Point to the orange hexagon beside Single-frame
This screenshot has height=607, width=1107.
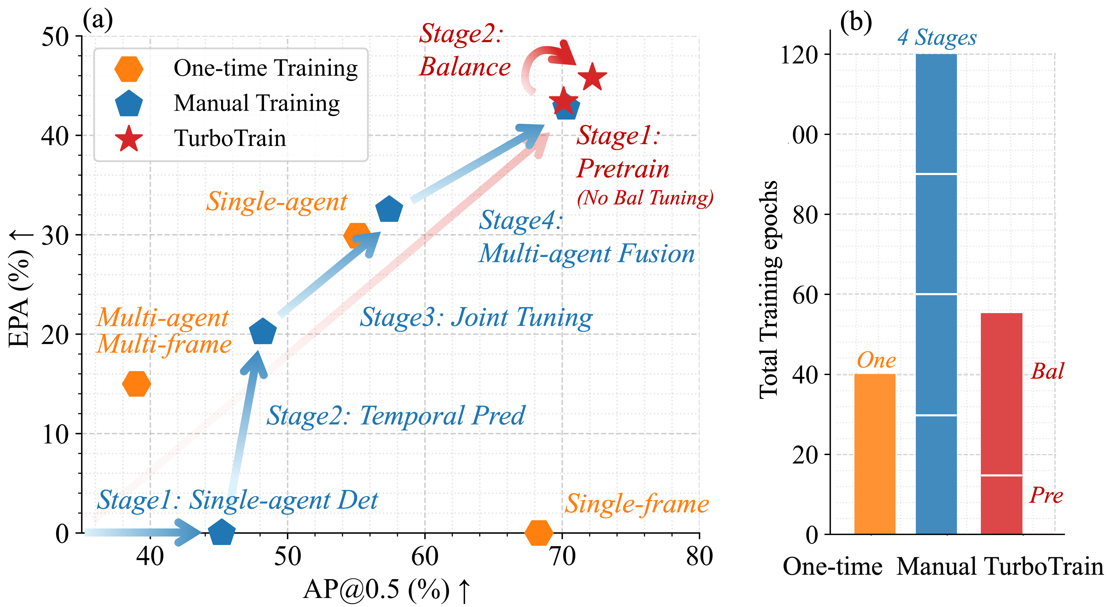click(538, 533)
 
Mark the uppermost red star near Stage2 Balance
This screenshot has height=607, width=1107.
click(592, 77)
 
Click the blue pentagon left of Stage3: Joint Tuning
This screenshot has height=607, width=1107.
click(262, 332)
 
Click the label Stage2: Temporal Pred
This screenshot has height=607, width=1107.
click(395, 416)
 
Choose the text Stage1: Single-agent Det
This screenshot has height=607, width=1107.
click(237, 500)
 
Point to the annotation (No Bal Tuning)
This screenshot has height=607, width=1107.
click(645, 198)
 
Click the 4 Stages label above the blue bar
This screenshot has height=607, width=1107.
click(937, 38)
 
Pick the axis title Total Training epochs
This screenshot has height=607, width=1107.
click(769, 290)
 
